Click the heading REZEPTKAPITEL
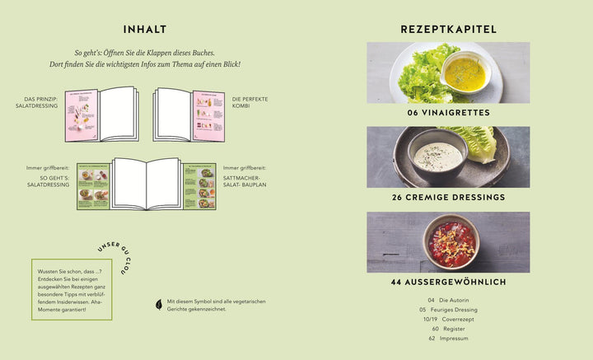click(448, 29)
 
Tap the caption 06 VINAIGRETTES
click(448, 111)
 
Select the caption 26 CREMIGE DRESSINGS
click(448, 197)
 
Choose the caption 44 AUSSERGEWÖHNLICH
click(448, 283)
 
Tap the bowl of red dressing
click(451, 239)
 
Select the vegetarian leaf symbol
click(159, 304)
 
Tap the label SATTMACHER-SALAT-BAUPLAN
click(243, 179)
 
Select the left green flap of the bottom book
click(93, 185)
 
